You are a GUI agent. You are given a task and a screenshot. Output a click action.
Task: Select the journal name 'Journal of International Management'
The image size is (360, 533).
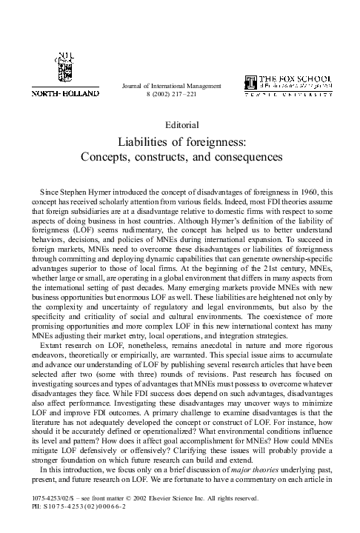click(x=170, y=86)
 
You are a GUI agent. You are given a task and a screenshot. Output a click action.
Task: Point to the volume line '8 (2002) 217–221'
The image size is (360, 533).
click(x=170, y=95)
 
